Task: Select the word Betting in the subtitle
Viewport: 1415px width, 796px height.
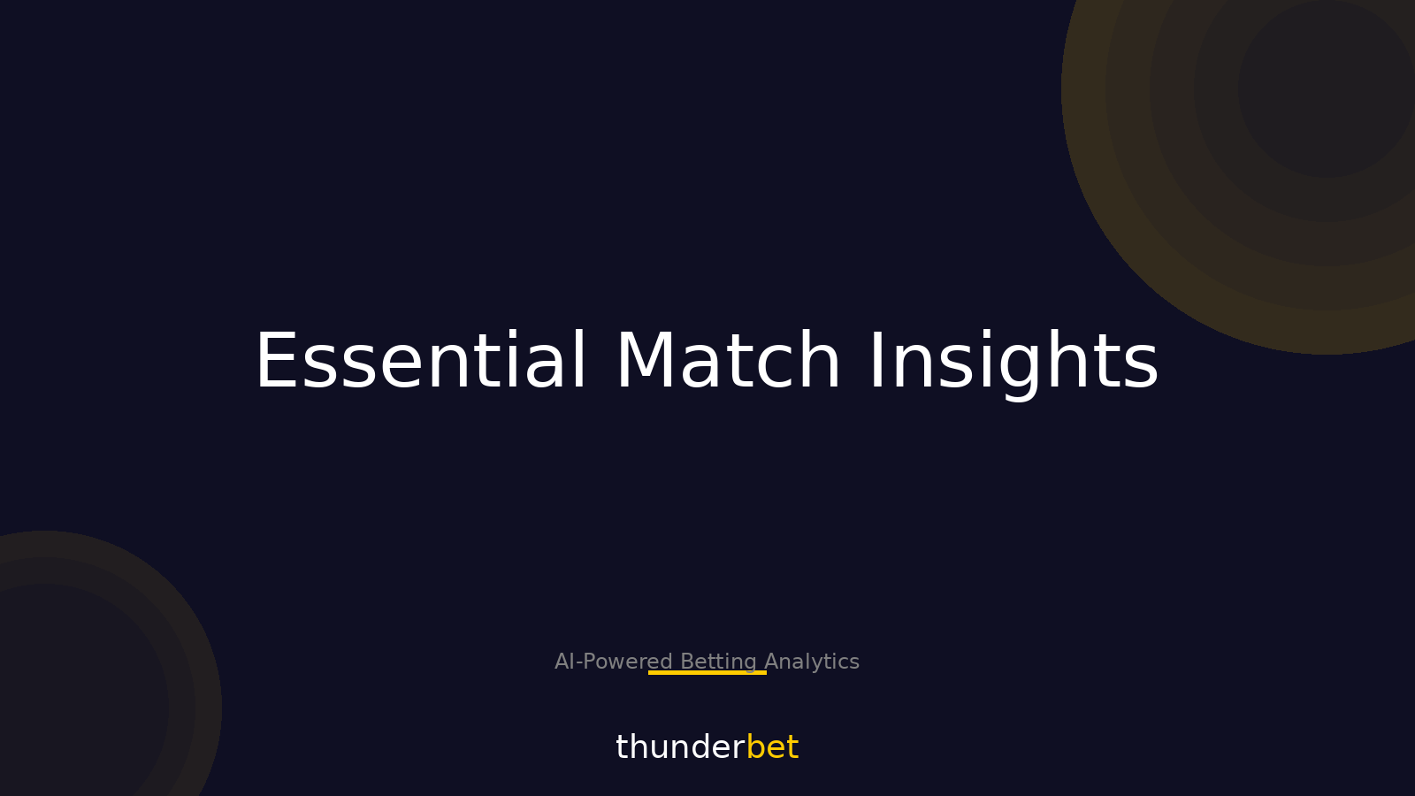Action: [718, 662]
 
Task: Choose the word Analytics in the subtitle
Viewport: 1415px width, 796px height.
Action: [812, 662]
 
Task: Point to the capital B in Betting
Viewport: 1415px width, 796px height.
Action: [686, 662]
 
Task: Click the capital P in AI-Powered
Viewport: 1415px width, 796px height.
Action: [588, 662]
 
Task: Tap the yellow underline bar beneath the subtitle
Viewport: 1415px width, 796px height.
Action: [707, 672]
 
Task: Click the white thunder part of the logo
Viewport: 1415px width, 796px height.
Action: [679, 747]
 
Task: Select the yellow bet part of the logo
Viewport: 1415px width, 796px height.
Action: [772, 747]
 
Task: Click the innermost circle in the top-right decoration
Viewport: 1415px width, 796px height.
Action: [1327, 88]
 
